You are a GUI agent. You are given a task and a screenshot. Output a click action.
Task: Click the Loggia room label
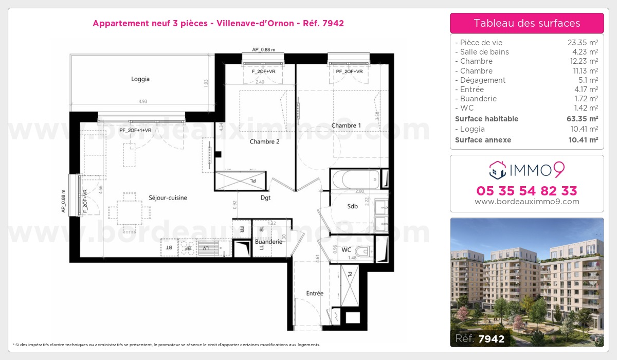click(x=140, y=79)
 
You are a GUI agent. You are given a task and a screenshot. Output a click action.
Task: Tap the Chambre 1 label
click(x=346, y=125)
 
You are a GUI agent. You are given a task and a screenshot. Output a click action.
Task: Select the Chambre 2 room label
click(x=264, y=141)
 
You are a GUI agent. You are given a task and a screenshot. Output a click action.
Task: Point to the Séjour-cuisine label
click(x=168, y=197)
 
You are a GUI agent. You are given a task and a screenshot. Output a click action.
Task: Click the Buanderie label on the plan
click(x=268, y=241)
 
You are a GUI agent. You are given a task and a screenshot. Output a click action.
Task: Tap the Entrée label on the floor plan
click(x=315, y=293)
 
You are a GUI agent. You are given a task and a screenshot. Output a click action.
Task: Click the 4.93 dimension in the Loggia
click(x=142, y=101)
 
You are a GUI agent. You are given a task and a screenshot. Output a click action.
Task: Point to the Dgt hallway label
click(x=265, y=197)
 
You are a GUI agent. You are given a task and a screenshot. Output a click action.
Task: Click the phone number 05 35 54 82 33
click(x=527, y=191)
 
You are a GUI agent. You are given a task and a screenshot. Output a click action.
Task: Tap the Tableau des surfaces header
click(x=527, y=23)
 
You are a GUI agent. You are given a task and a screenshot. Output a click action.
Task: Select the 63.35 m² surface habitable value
click(x=583, y=119)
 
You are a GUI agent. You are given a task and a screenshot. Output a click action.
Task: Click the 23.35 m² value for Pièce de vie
click(x=583, y=43)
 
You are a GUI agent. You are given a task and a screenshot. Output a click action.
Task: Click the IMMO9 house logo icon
click(x=497, y=169)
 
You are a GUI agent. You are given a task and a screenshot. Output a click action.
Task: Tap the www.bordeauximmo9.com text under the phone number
click(x=527, y=202)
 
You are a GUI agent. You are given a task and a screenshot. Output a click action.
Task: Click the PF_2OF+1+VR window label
click(x=135, y=130)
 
